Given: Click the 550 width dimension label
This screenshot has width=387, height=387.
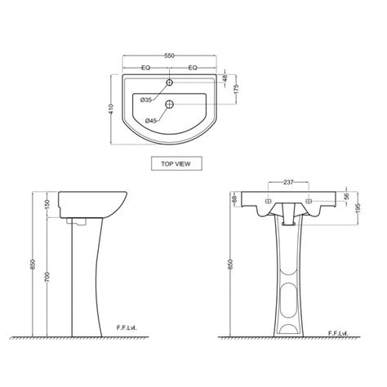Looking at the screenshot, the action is pos(169,56).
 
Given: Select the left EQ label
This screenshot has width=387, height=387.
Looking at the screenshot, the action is pos(146,68).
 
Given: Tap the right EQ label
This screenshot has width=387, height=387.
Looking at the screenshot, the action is pos(193,68).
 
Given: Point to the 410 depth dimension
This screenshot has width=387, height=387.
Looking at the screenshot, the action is pos(111,109).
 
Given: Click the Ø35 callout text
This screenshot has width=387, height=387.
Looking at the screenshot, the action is pos(145,100).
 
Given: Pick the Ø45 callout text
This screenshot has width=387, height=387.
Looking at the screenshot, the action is pos(150,121).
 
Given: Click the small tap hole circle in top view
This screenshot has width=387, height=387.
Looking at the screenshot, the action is pos(170,82).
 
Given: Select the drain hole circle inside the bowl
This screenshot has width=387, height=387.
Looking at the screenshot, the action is pos(170,104).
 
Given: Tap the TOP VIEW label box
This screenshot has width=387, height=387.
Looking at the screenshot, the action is pos(176,163).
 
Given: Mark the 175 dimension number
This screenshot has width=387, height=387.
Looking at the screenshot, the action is pos(236,89).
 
